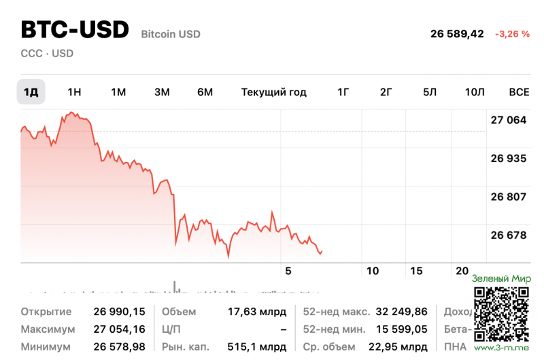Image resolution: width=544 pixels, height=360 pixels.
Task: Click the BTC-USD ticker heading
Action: (75, 30)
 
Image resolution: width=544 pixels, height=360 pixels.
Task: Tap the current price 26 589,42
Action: (457, 33)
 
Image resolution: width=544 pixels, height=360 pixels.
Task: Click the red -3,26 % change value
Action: (512, 33)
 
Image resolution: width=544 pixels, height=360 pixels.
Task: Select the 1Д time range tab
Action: (31, 92)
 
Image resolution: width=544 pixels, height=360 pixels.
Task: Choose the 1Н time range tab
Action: (74, 92)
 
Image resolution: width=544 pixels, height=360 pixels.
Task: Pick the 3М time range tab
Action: (162, 92)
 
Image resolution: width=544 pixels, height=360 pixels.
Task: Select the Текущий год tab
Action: (273, 92)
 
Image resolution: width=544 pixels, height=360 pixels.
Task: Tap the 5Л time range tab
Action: (429, 92)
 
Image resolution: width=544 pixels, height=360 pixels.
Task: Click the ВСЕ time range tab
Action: (519, 92)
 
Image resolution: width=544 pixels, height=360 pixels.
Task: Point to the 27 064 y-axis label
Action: (509, 120)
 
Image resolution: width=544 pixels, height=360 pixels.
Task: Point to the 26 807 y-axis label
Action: (509, 197)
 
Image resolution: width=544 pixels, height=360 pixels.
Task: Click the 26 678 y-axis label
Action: (509, 235)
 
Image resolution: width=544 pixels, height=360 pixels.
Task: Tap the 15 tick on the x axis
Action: (416, 271)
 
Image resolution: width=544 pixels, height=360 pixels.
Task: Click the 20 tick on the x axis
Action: (462, 271)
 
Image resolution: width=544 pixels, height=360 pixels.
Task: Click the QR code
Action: (501, 313)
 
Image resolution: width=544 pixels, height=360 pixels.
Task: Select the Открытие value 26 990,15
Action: (119, 312)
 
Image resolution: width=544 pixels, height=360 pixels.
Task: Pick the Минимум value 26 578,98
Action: (119, 347)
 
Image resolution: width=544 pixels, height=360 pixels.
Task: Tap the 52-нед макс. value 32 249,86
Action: (403, 312)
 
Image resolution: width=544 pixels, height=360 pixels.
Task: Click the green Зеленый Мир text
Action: (501, 278)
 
